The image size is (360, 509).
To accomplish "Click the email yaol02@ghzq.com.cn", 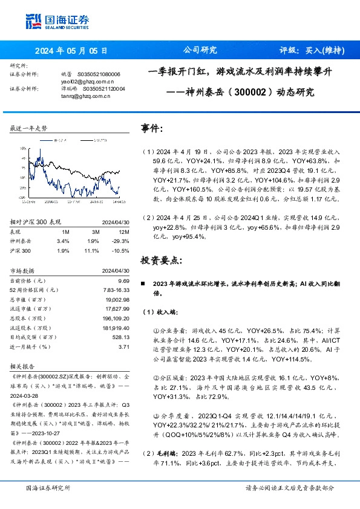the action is [79, 80].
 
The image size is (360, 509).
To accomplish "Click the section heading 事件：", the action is [152, 129].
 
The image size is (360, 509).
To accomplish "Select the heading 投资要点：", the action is [160, 261].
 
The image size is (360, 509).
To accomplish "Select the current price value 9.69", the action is [125, 280].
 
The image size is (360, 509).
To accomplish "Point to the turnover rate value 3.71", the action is [125, 346].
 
